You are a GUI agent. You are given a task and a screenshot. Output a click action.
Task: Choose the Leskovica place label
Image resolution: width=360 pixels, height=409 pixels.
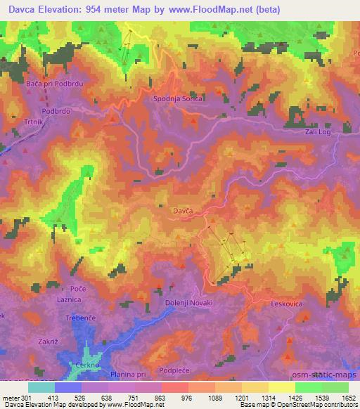(286, 304)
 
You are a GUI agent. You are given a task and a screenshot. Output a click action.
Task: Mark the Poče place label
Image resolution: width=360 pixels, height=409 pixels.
(78, 289)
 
